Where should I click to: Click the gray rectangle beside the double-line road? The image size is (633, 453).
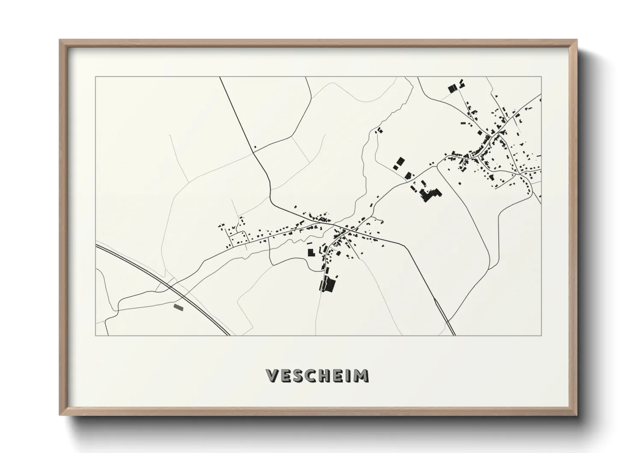click(178, 307)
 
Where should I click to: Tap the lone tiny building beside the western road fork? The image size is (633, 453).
click(255, 148)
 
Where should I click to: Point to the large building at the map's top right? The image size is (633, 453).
click(452, 89)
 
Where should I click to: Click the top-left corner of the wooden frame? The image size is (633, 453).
click(60, 40)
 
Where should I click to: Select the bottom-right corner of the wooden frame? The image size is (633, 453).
click(577, 415)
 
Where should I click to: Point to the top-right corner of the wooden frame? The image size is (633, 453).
click(577, 40)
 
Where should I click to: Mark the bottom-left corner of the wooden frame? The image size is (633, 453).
click(60, 415)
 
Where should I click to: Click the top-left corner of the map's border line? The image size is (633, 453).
click(95, 77)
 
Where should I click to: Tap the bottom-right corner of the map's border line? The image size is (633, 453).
click(541, 335)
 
